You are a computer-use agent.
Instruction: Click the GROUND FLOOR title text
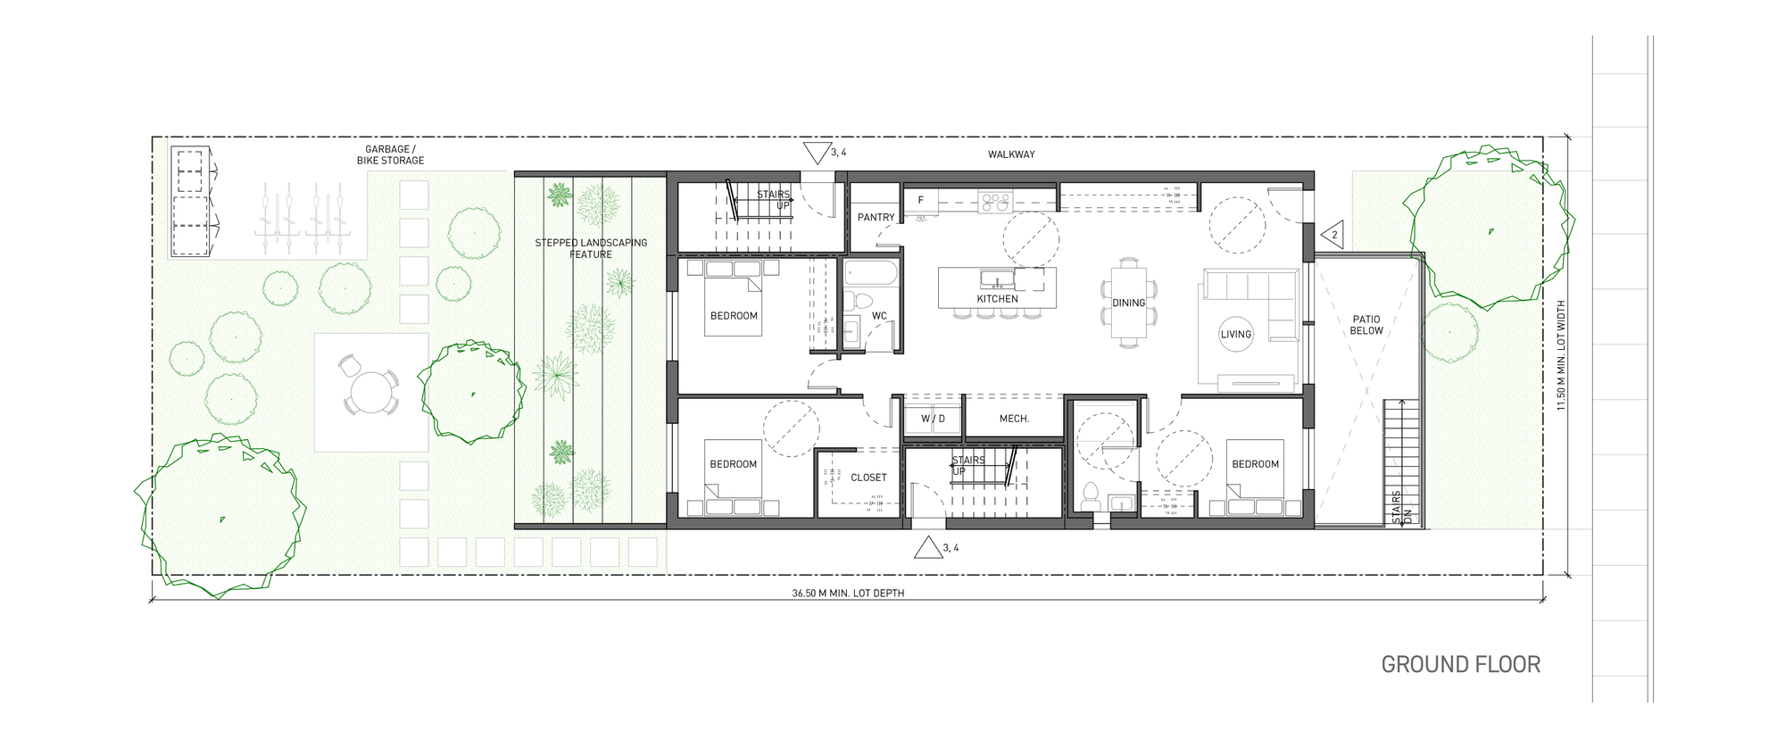tap(1460, 665)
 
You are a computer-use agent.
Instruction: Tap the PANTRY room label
tap(876, 217)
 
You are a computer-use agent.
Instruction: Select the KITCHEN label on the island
tap(997, 299)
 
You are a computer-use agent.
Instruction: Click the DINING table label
tap(1128, 303)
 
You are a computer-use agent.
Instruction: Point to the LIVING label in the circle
tap(1236, 334)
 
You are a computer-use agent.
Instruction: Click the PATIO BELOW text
tap(1366, 325)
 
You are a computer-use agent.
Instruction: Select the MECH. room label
tap(1014, 419)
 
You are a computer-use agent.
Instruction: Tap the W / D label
tap(933, 419)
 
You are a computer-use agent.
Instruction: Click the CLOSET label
tap(868, 478)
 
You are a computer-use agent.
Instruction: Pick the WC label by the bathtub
tap(879, 316)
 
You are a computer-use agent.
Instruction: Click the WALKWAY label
tap(1011, 154)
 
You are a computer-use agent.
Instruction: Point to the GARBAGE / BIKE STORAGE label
tap(390, 155)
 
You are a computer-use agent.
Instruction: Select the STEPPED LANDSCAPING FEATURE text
tap(591, 248)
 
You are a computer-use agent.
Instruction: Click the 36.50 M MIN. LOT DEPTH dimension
tap(848, 593)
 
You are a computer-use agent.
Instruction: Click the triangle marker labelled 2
tap(1332, 236)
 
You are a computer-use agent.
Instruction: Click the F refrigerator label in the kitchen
tap(921, 201)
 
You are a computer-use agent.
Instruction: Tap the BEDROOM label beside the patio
tap(1255, 464)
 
